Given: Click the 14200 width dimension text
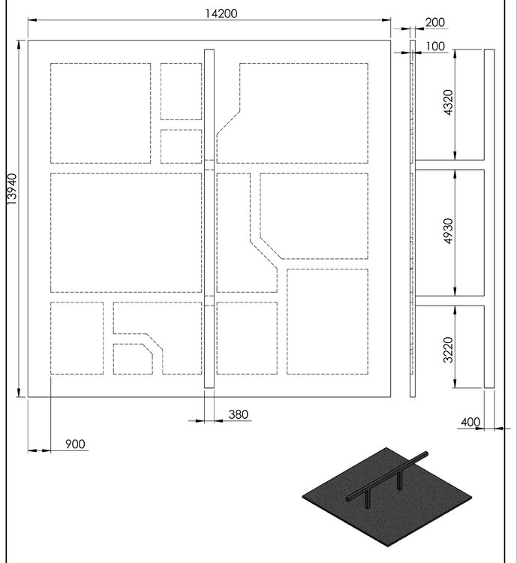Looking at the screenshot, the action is pos(221,14).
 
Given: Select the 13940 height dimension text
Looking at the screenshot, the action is pos(12,189).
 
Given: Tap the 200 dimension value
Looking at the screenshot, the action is pos(434,23).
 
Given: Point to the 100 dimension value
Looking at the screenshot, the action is pos(435,47).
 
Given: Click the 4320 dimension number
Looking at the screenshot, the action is pos(449,102).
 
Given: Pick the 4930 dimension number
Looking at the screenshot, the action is pos(449,231).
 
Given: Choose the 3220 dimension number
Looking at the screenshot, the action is pos(449,350).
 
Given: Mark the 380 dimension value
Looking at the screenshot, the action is pos(238,414).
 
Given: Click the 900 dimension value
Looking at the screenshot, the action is pos(75,444).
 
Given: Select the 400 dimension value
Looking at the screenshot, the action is pos(470,422).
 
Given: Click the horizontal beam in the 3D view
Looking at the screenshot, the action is pos(387,476).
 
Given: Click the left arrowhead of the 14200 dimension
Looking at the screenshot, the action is pos(33,20).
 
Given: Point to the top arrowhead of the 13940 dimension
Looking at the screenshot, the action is pos(19,45).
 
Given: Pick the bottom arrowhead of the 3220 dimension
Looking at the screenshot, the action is pos(455,383).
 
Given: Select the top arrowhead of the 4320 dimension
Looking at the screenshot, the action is pos(455,54).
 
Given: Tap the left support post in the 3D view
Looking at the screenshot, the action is pos(367,499).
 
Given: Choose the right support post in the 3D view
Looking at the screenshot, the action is pos(399,480).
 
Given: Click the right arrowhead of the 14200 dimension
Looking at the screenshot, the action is pos(386,20).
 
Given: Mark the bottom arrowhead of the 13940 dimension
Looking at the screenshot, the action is pos(19,393).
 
